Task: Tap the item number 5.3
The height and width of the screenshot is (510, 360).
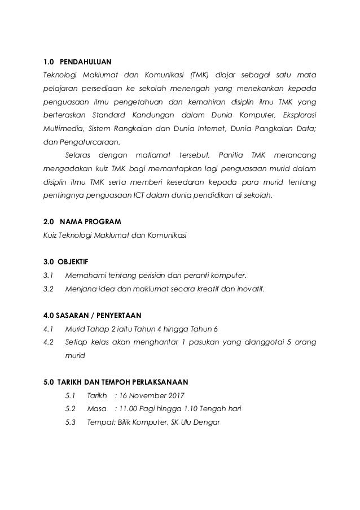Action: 71,421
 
